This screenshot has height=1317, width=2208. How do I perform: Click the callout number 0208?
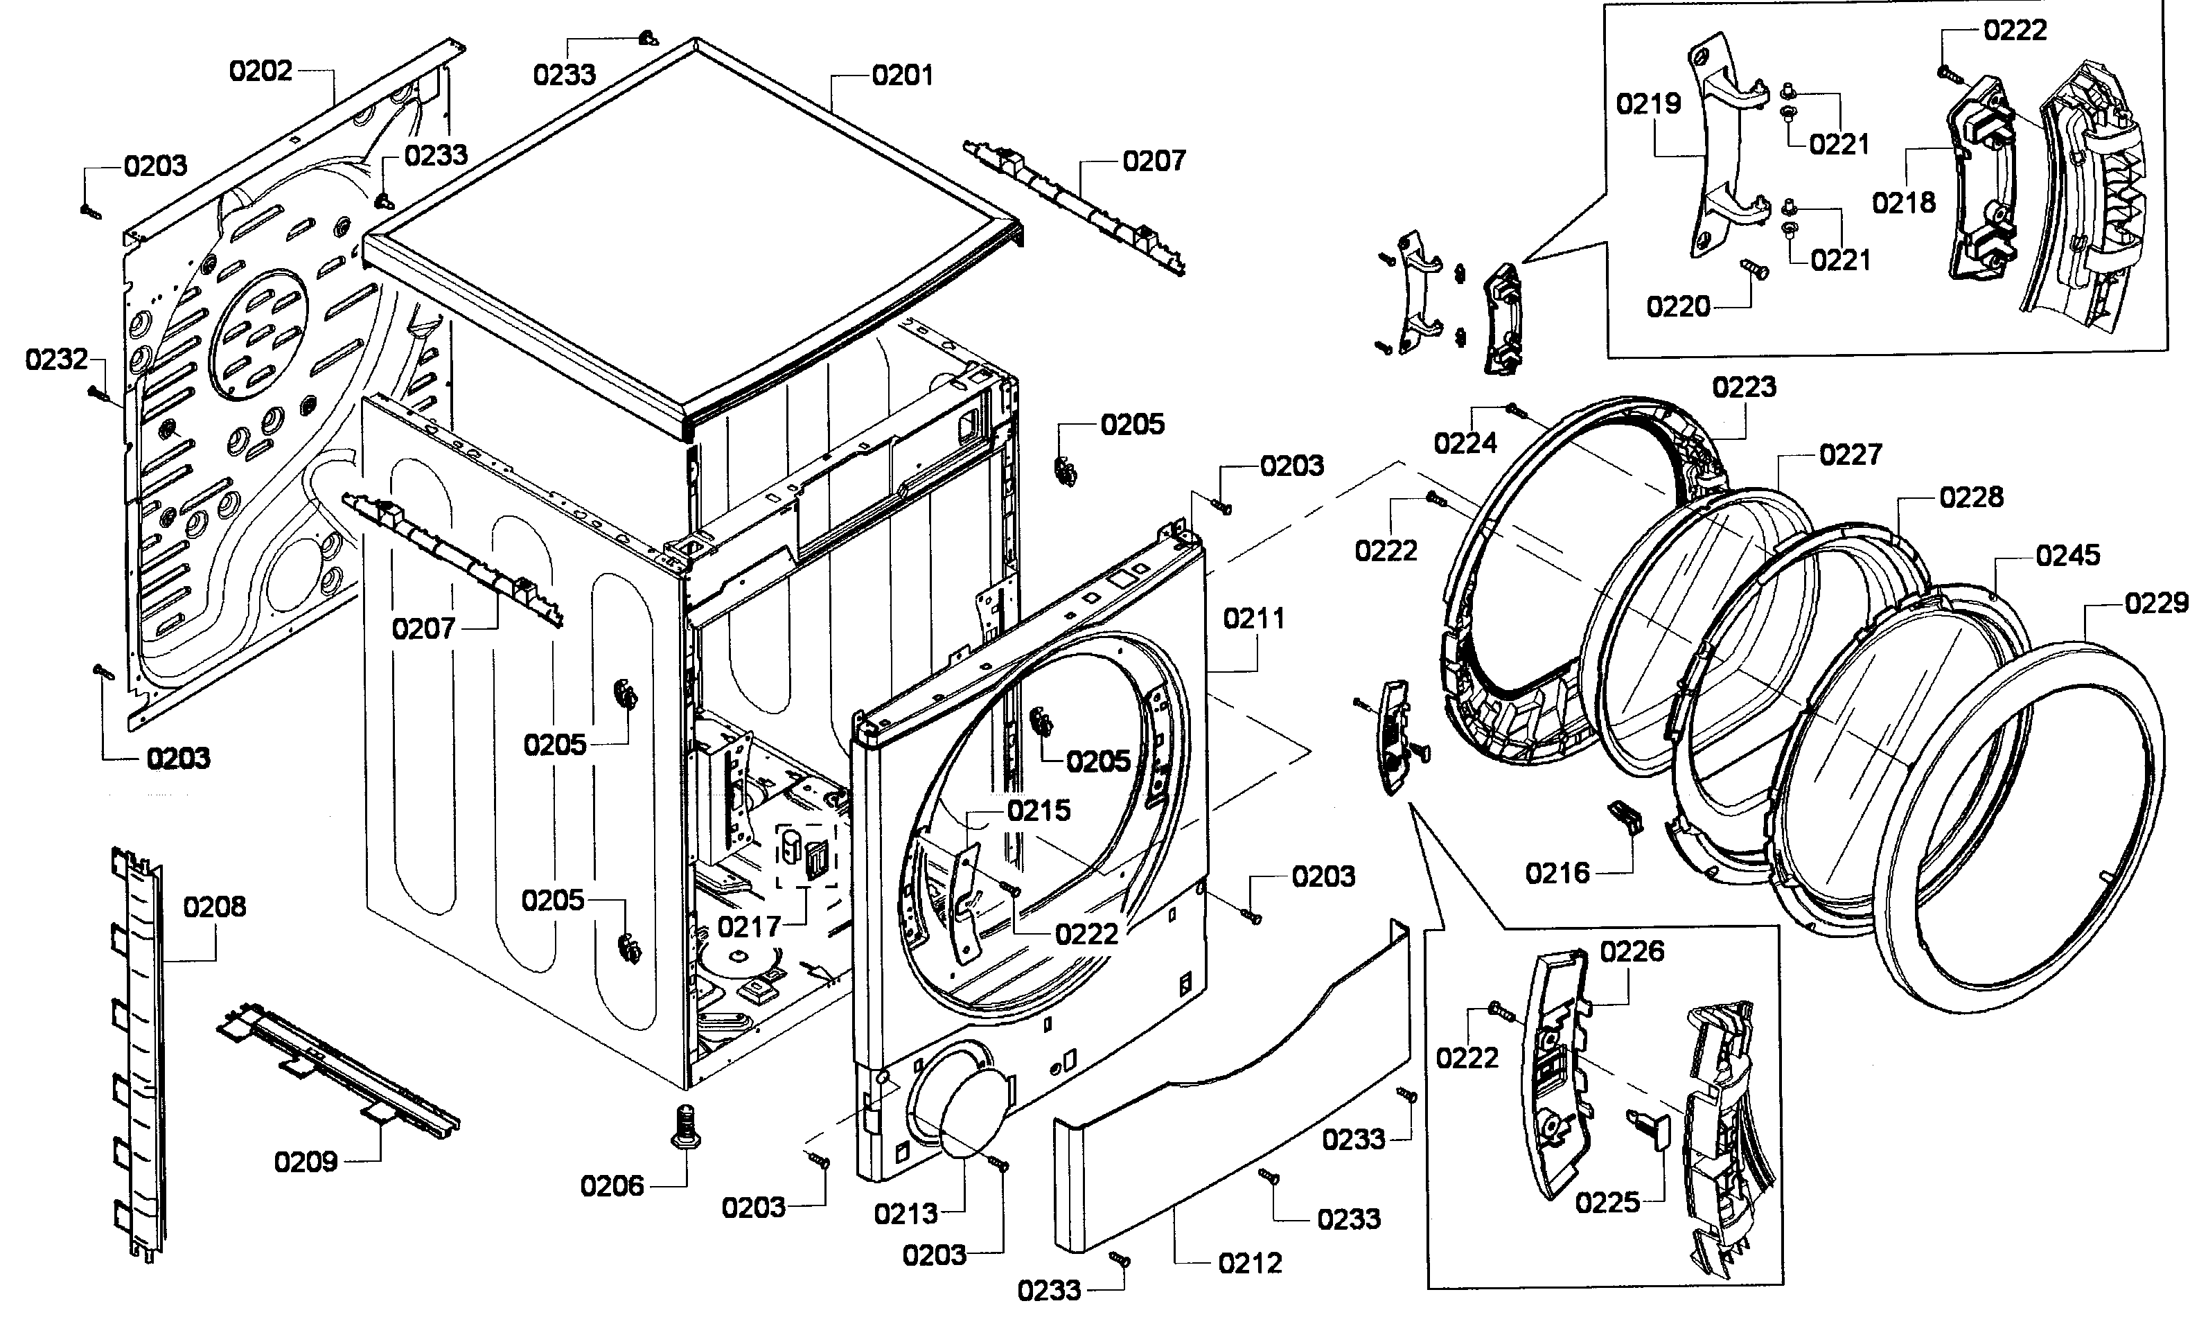click(214, 907)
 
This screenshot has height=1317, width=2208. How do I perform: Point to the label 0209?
click(306, 1162)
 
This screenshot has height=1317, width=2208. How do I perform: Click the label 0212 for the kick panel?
click(1250, 1263)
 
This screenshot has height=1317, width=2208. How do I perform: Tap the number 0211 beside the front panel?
click(1253, 619)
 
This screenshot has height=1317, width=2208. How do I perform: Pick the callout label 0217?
click(749, 928)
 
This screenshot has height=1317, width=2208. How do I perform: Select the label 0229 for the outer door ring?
click(2155, 603)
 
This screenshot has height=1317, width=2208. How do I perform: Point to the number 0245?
click(2068, 556)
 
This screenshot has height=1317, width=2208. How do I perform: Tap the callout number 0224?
click(1465, 443)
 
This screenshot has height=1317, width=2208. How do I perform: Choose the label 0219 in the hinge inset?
click(1648, 105)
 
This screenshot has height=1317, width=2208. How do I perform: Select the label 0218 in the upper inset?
click(1904, 203)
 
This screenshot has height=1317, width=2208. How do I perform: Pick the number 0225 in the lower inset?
click(1607, 1203)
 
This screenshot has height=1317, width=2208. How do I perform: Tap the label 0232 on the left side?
click(57, 360)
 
